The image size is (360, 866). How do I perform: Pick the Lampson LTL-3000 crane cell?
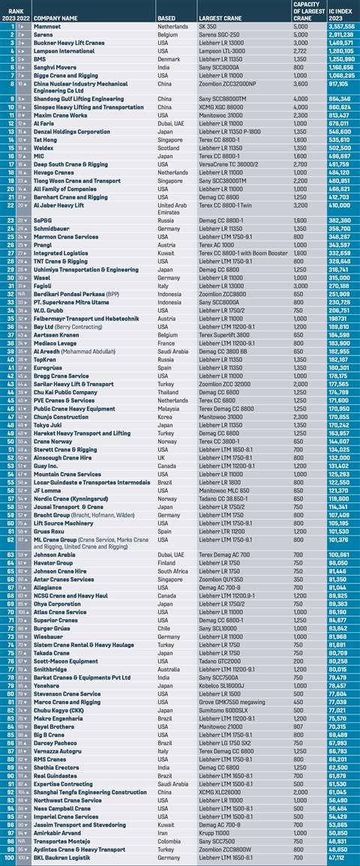223,50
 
